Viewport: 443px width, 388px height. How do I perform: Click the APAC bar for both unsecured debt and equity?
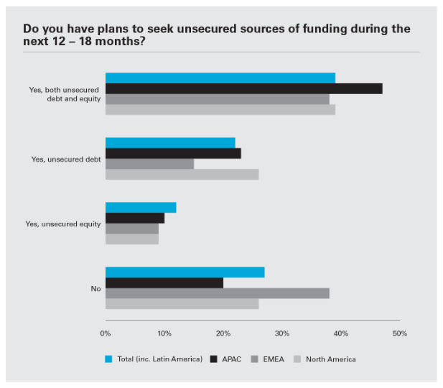click(243, 88)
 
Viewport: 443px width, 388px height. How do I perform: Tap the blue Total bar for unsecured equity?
click(140, 208)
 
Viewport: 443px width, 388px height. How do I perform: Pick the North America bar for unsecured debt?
click(182, 175)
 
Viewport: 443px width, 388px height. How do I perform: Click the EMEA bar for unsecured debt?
click(149, 164)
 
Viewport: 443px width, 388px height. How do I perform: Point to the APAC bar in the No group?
click(164, 282)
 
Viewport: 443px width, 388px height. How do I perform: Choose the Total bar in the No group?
click(185, 272)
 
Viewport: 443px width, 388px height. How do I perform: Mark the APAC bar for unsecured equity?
click(134, 218)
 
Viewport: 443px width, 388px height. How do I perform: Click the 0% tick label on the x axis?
click(106, 333)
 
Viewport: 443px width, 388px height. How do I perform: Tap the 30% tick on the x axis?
click(282, 333)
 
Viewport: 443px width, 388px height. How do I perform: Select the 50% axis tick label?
click(399, 333)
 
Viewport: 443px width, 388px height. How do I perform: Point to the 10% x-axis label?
click(164, 333)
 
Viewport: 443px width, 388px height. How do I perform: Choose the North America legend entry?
click(330, 359)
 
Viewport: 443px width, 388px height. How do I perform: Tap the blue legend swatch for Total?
click(108, 359)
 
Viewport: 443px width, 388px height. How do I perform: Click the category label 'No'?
click(95, 288)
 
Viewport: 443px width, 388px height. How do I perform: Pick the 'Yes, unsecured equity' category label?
click(63, 223)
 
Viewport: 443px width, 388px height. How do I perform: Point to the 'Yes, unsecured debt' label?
click(66, 159)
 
